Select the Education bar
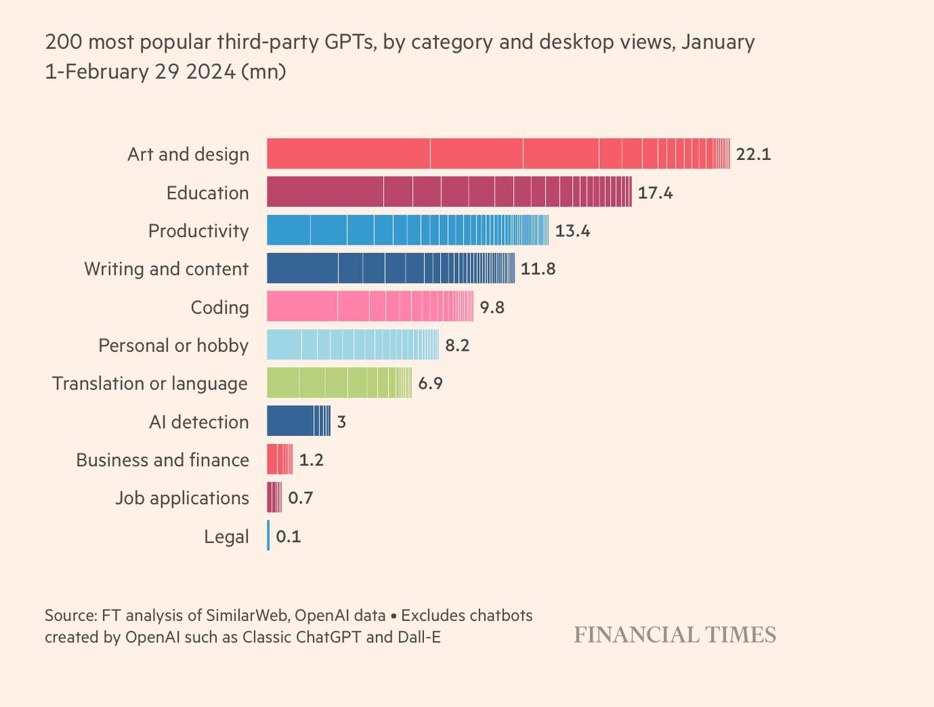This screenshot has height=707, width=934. pos(449,192)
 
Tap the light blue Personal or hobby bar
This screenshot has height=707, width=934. pos(352,345)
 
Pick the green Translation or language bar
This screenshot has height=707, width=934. pos(339,383)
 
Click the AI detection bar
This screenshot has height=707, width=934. pos(298,421)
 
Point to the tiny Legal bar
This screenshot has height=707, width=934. pos(269,535)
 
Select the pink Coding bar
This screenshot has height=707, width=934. pos(369,306)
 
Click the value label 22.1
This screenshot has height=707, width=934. pos(753,154)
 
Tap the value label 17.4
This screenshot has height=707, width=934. pos(655,193)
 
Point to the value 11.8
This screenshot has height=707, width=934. pos(538,269)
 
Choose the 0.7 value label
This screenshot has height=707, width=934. pos(301,498)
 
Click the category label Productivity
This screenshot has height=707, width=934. pos(198,231)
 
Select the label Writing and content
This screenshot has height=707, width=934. pos(166,269)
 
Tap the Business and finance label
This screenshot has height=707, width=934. pos(163,460)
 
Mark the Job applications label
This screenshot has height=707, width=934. pos(182,498)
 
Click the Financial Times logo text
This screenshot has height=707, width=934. pos(674,635)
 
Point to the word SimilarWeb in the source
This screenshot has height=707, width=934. pos(248,616)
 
